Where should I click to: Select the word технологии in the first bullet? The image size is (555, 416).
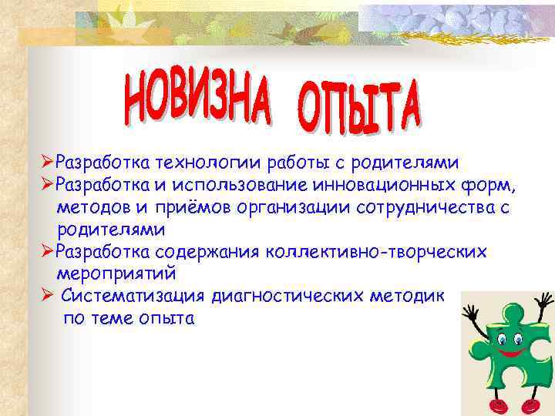tap(207, 163)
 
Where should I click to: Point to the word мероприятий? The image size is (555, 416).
tap(116, 273)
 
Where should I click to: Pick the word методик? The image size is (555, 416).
tap(412, 296)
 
